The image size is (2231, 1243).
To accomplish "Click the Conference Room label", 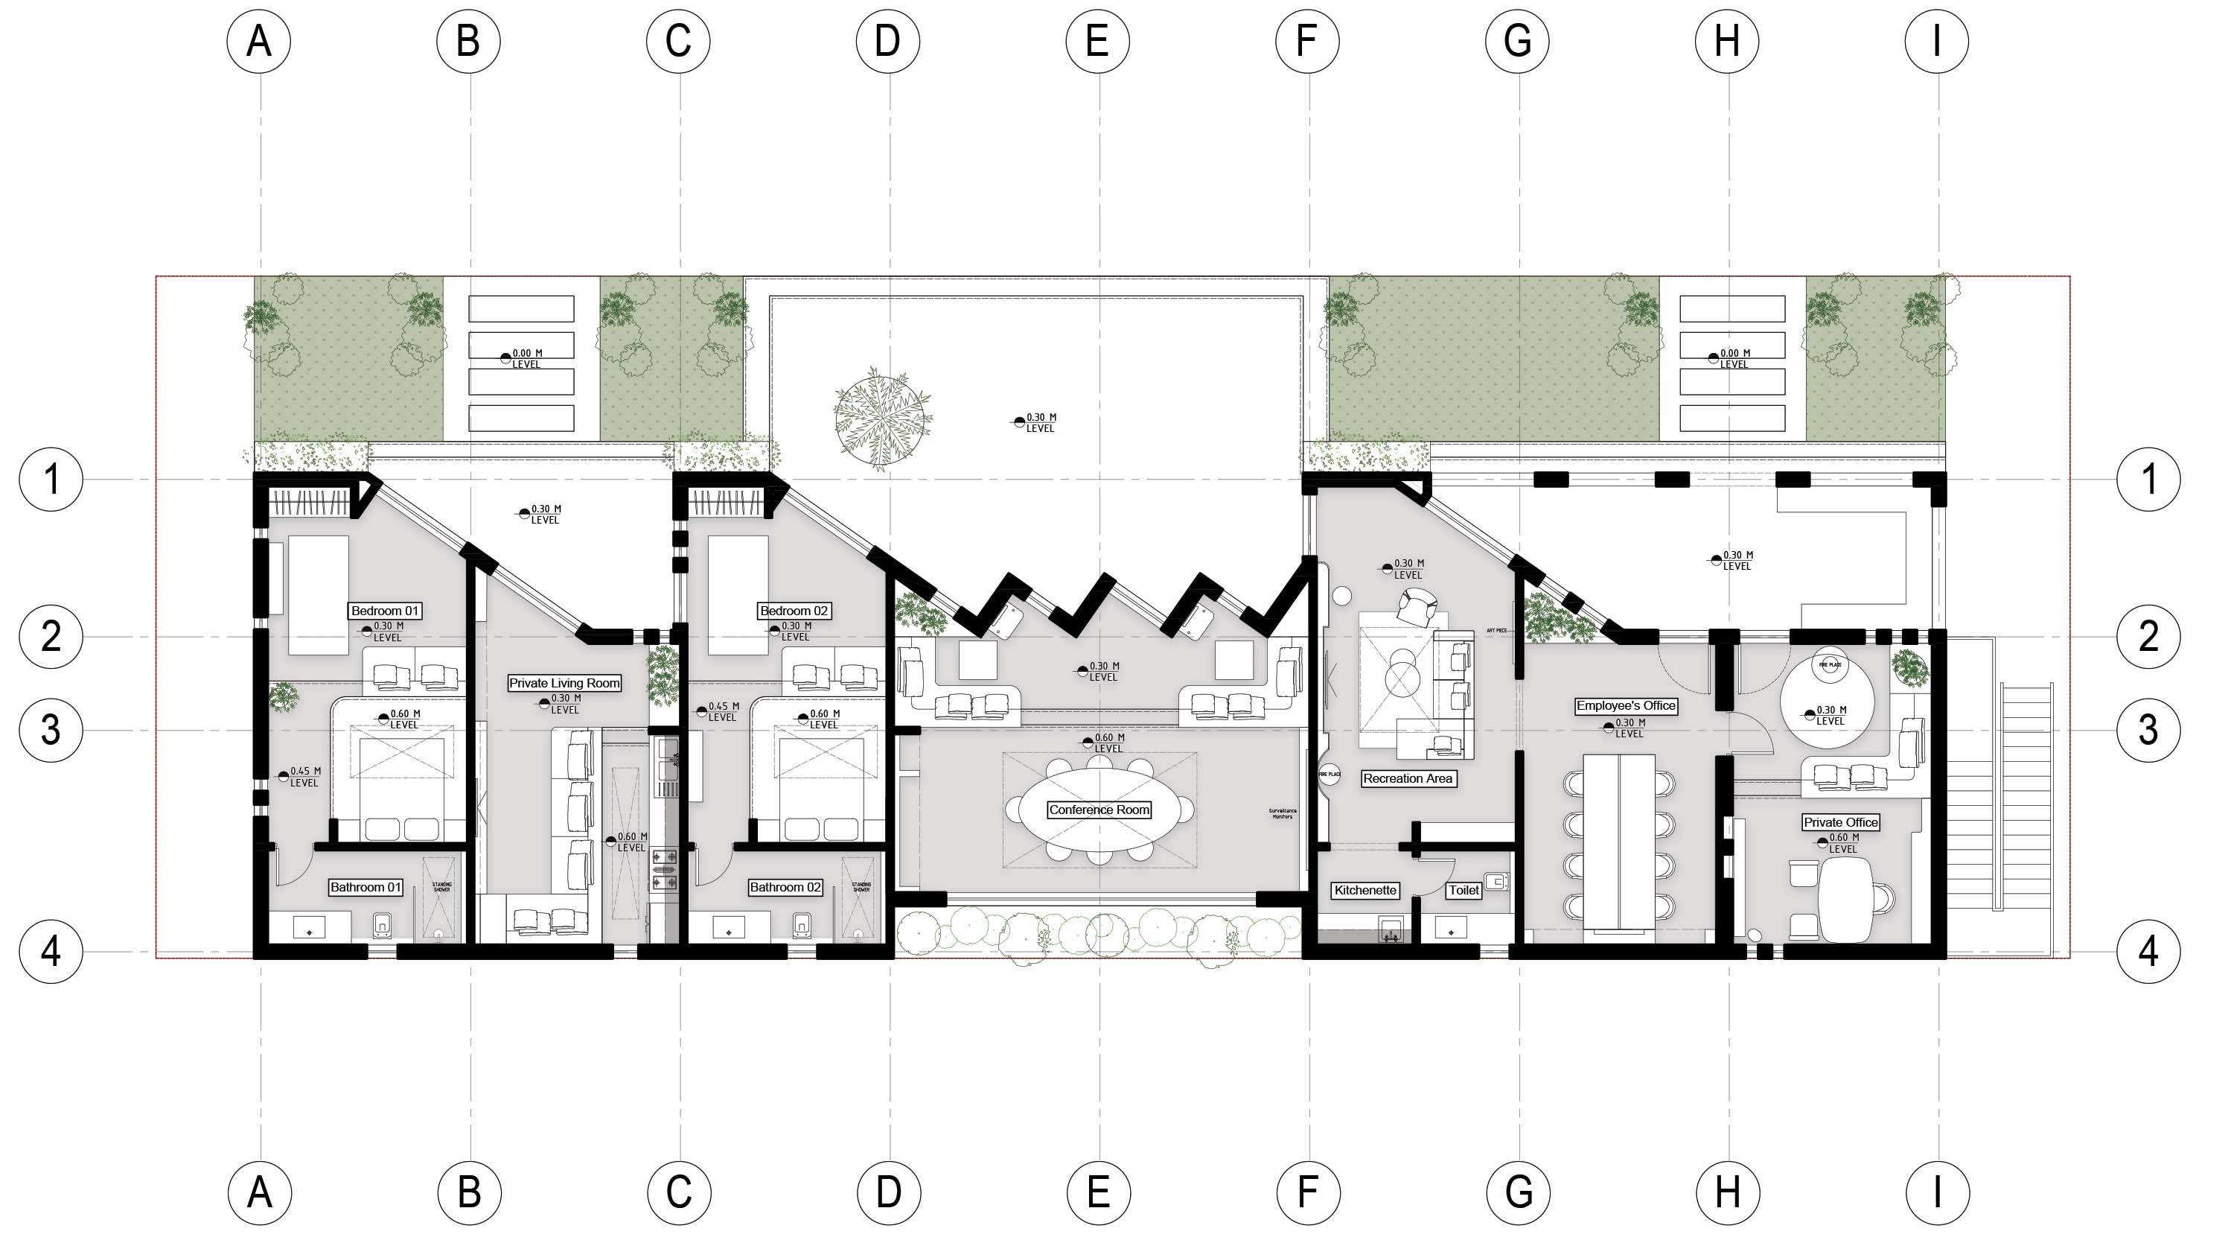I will coord(1098,810).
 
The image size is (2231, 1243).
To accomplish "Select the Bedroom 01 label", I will coord(385,611).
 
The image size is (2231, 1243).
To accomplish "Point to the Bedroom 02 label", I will coord(794,611).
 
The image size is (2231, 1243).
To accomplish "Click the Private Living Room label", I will coord(564,684).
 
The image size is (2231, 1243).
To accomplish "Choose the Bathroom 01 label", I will coord(366,887).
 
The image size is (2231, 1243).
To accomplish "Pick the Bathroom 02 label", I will coord(785,887).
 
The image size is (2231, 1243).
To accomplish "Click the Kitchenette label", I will coord(1365,891).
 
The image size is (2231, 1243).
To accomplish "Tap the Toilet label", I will coord(1464,891).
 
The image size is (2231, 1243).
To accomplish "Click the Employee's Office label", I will coord(1626,706).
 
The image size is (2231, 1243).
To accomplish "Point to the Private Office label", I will coord(1840,822).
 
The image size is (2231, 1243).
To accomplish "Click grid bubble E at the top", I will coord(1097,41).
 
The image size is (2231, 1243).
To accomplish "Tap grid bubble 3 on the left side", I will coord(51,730).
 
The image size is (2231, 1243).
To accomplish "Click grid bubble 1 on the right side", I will coord(2148,479).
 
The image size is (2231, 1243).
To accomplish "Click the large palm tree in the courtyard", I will coord(881,418).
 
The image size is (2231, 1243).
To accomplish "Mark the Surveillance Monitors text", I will coord(1282,813).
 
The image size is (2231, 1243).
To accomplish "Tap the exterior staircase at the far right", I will coord(2026,797).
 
